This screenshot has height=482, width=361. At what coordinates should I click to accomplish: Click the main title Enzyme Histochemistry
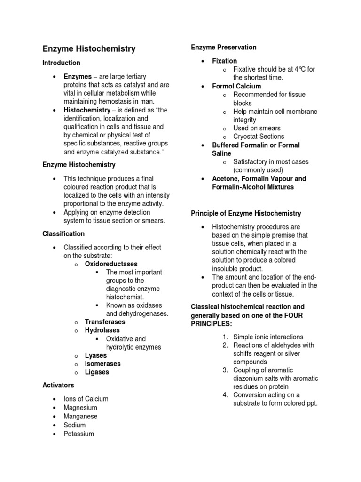tap(89, 48)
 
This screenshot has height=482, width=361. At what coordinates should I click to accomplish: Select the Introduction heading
tap(61, 63)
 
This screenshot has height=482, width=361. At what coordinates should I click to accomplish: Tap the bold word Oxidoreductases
tap(111, 264)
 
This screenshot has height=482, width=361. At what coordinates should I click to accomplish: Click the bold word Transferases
tap(105, 322)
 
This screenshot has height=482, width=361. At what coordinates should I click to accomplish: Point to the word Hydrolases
tap(103, 330)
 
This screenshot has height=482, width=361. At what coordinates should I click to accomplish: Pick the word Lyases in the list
tap(96, 355)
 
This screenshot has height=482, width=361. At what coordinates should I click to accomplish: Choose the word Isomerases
tap(102, 364)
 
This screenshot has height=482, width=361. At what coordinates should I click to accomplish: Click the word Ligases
tap(97, 372)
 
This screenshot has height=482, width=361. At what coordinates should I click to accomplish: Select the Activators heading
tap(58, 385)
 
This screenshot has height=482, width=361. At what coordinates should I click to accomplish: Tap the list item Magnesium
tap(80, 408)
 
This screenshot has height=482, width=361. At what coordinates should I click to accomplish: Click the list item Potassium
tap(78, 434)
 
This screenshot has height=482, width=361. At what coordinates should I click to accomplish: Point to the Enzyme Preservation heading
tap(223, 47)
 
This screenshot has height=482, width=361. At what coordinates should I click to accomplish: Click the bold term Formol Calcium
tap(236, 86)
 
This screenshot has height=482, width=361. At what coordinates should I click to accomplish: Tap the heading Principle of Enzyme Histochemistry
tap(246, 213)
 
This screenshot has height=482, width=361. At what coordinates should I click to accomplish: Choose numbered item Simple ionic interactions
tap(268, 337)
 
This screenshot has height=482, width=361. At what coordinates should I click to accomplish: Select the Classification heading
tap(63, 233)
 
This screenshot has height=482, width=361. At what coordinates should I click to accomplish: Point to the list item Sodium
tap(75, 425)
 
